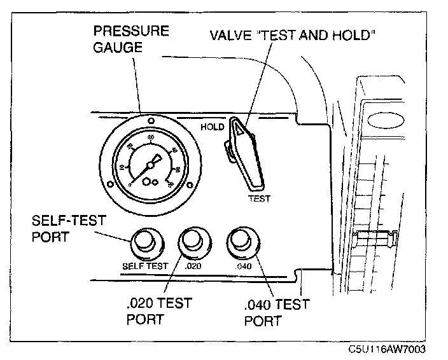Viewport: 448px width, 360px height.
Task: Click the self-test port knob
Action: pos(146,243)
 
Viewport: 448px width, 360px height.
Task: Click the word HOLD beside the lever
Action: pos(212,127)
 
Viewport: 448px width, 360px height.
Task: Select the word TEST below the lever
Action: pos(259,198)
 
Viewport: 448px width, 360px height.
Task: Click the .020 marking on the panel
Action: pos(193,266)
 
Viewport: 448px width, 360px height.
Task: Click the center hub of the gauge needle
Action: pos(150,165)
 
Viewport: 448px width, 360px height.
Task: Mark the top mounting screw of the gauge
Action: pos(150,120)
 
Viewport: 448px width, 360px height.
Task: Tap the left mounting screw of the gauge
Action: pos(110,185)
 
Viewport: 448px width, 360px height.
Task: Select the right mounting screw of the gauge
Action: pos(190,185)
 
